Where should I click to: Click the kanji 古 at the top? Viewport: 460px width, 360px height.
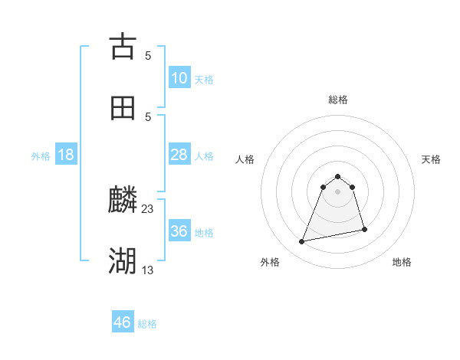(x=123, y=47)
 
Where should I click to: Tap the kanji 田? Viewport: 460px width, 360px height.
(x=123, y=108)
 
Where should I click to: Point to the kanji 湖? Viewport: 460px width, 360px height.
(x=123, y=261)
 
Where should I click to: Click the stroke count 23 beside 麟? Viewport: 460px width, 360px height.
(x=148, y=208)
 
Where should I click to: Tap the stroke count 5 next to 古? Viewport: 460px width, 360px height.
(x=148, y=55)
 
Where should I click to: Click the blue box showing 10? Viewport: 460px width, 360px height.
(x=179, y=78)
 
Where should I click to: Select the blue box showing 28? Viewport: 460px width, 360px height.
(x=179, y=155)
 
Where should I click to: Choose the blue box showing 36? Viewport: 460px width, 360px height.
(x=179, y=231)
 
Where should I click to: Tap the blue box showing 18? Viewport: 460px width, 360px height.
(x=66, y=155)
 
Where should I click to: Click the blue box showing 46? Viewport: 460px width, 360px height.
(x=123, y=322)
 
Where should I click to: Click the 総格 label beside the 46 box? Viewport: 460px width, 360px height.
(x=147, y=324)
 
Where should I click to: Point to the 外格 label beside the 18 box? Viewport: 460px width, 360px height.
(x=41, y=156)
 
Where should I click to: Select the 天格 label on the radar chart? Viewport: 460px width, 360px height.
(x=431, y=159)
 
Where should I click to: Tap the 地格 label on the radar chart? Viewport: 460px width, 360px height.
(x=402, y=262)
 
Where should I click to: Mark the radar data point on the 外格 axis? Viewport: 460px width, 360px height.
(x=302, y=242)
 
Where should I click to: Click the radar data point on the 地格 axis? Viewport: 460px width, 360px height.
(x=364, y=229)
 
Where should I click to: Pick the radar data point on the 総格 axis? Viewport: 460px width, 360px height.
(x=338, y=173)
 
